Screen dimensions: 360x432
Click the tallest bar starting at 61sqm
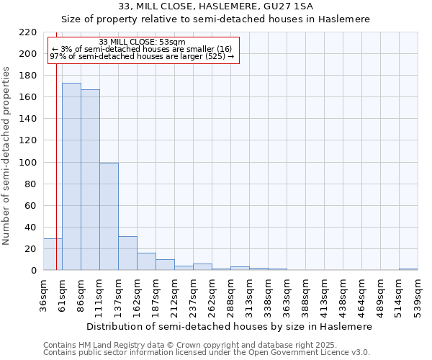pos(71,176)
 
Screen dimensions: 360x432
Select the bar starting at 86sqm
pos(90,179)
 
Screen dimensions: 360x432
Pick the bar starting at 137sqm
pos(127,253)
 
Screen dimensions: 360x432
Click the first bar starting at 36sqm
pos(53,254)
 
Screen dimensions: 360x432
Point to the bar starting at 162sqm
pos(146,261)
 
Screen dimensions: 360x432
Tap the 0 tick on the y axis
pos(35,271)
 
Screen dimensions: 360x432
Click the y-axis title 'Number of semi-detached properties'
pos(6,156)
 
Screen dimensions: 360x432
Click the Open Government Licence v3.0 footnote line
pos(206,353)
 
